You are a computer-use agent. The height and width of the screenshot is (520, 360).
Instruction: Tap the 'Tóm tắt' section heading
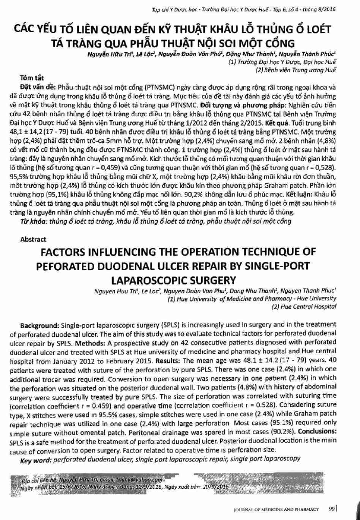[x=29, y=78]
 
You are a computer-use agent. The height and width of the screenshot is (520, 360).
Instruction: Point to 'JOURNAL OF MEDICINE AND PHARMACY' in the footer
[x=276, y=509]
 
